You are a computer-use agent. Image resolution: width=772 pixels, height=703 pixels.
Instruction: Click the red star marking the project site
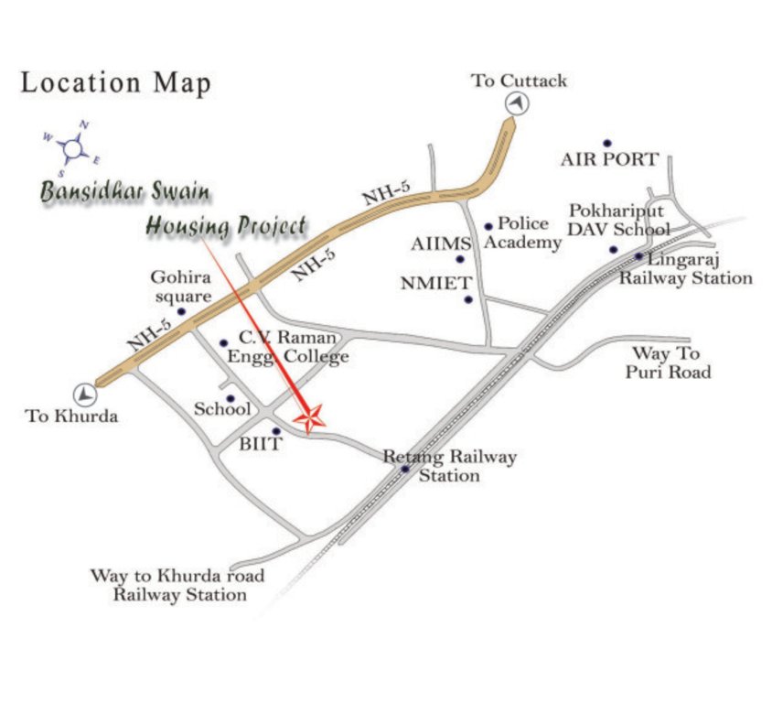pos(310,418)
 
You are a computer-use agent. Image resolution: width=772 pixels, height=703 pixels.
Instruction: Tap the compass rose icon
pos(72,146)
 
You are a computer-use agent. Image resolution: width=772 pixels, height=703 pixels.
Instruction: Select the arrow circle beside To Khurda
pos(85,394)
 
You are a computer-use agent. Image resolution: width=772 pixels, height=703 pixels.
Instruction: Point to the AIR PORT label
pos(609,160)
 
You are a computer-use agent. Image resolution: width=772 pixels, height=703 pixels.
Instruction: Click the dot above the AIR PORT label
pos(606,144)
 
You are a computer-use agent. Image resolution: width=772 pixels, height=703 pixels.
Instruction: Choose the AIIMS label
pos(440,244)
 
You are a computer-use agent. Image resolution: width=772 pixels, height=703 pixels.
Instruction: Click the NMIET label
pos(434,283)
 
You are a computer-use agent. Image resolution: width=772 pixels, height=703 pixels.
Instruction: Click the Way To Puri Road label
pos(668,362)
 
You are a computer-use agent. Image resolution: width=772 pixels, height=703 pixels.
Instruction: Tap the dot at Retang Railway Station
pos(405,470)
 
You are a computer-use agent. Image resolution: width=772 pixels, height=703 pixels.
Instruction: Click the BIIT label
pos(261,444)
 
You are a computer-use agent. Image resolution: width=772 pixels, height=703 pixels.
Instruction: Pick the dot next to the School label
pos(231,399)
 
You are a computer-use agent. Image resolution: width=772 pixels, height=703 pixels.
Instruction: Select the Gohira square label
pos(181,285)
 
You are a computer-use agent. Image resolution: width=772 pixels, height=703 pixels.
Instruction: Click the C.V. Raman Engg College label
pos(287,347)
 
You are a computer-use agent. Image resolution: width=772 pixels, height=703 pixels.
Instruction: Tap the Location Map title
pos(116,82)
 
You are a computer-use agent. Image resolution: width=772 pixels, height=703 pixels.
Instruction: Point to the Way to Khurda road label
pos(177,585)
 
